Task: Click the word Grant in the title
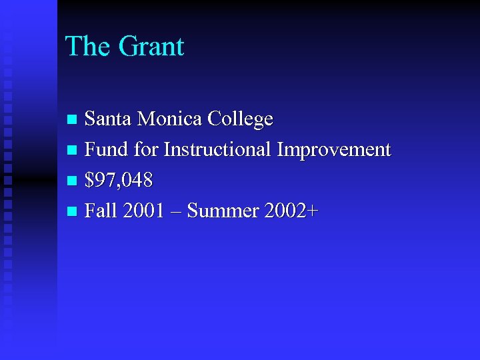coord(151,47)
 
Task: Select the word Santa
coord(109,119)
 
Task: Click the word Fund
coord(107,150)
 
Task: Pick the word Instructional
coord(218,150)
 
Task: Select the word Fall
coord(101,211)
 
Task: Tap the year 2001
coord(143,211)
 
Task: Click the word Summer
coord(223,211)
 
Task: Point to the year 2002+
coord(291,211)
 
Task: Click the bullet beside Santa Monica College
coord(73,120)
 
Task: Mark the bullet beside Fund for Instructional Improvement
coord(73,151)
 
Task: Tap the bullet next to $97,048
coord(73,181)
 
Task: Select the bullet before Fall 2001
coord(73,212)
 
